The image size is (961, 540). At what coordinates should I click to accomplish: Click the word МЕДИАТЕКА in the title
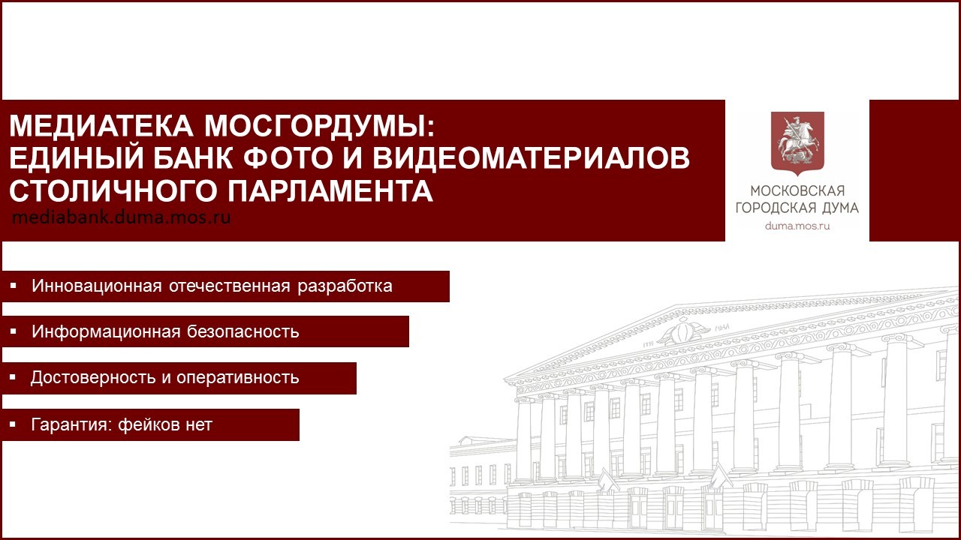[101, 126]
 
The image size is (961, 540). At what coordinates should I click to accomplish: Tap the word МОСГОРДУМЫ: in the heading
[320, 126]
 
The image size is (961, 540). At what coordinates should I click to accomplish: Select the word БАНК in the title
[194, 158]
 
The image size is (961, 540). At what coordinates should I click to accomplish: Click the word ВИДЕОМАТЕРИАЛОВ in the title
[531, 158]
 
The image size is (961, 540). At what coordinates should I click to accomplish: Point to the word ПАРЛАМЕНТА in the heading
[330, 190]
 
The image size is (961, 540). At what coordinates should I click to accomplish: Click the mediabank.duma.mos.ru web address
[122, 217]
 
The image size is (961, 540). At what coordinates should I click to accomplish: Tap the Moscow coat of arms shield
[797, 143]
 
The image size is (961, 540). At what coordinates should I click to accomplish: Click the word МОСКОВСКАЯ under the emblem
[797, 190]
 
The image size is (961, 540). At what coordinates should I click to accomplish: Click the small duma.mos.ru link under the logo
[797, 226]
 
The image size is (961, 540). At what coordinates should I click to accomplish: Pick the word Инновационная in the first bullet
[97, 286]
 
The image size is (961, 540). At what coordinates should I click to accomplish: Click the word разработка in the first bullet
[345, 286]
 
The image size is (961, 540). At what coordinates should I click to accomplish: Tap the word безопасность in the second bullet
[243, 331]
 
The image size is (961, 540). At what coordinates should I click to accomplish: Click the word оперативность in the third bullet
[238, 378]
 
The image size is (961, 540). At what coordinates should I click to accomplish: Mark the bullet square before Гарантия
[13, 424]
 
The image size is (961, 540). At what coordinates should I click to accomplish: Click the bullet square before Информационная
[13, 331]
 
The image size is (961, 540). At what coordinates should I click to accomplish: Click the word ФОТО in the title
[288, 158]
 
